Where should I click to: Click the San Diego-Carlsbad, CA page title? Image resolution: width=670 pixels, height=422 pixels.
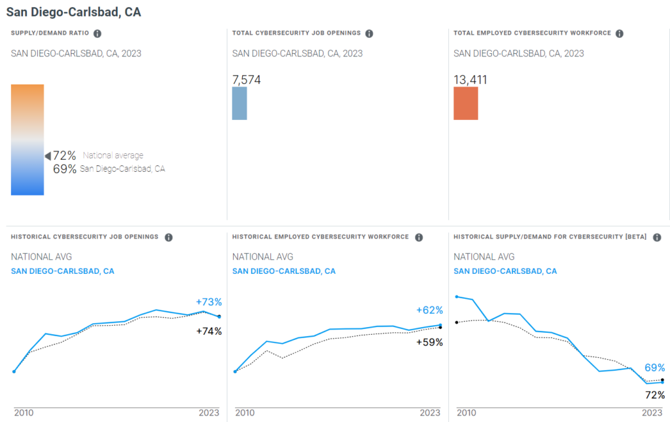[x=73, y=12]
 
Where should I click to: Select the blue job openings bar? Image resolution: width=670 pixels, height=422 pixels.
[x=239, y=104]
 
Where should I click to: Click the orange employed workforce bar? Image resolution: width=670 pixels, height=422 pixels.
[x=465, y=104]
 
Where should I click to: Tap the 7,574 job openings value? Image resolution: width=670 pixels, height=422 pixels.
[x=247, y=80]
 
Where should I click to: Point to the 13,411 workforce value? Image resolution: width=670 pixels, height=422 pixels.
[x=470, y=80]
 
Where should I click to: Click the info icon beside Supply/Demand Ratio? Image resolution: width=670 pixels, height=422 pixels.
[x=97, y=33]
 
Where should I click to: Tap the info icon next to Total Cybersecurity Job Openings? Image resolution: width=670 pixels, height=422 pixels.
[x=369, y=33]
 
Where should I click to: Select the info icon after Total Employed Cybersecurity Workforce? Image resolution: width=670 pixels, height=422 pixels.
[x=619, y=33]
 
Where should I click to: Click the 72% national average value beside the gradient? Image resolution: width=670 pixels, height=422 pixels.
[x=65, y=155]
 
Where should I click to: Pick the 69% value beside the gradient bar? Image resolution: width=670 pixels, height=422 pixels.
[x=65, y=169]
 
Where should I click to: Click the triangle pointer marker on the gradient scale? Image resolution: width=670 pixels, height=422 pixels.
[x=47, y=156]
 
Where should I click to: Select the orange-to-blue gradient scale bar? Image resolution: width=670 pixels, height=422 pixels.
[x=27, y=140]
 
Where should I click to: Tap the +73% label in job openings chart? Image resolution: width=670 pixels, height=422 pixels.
[x=209, y=302]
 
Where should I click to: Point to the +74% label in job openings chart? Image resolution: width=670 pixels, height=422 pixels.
[x=209, y=332]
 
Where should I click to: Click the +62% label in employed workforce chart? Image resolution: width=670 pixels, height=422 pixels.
[x=430, y=310]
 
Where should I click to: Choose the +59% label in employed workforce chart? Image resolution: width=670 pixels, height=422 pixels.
[x=430, y=342]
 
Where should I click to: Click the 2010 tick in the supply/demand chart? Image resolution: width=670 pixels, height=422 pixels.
[x=466, y=413]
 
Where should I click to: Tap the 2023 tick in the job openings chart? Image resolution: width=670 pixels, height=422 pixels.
[x=209, y=413]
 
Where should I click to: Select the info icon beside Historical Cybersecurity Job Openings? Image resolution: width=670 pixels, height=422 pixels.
[x=168, y=237]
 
